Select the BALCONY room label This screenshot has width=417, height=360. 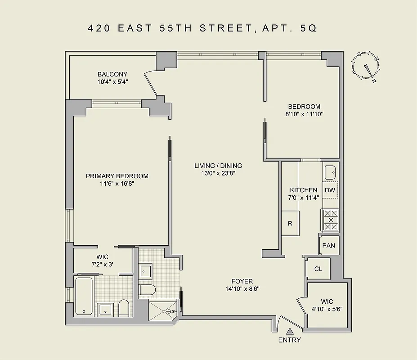tap(112, 74)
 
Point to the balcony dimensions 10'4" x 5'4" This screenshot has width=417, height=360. tap(112, 82)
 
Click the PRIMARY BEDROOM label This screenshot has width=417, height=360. tap(117, 176)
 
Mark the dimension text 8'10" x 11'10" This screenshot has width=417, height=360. tap(304, 114)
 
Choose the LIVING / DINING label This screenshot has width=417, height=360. tap(218, 166)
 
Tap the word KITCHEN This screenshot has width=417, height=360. tap(303, 190)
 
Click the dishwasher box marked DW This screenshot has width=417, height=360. tap(330, 190)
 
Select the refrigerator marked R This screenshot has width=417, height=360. tap(291, 223)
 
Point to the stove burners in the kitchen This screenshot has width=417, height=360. tap(330, 220)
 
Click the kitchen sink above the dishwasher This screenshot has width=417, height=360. tap(330, 171)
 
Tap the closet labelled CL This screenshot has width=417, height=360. tap(318, 269)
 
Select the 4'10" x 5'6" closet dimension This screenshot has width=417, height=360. tap(327, 310)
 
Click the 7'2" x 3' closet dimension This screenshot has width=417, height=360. tap(103, 264)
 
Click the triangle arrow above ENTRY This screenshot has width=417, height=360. tap(290, 332)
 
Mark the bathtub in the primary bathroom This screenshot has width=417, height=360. tap(84, 296)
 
